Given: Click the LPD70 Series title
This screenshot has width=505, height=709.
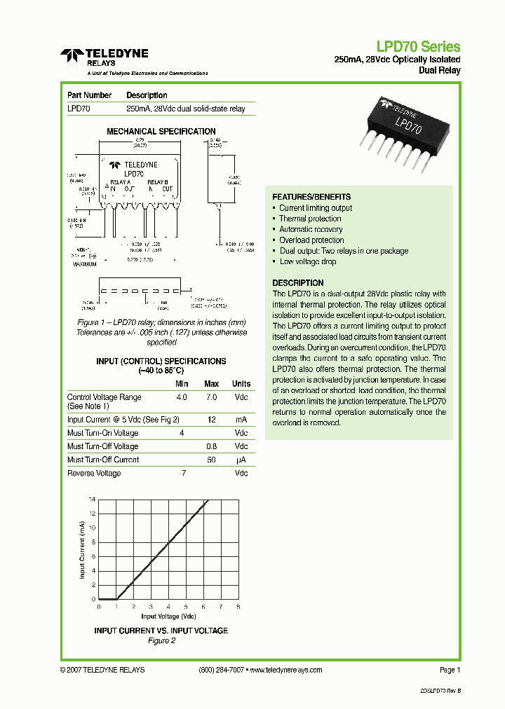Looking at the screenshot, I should click(x=418, y=47).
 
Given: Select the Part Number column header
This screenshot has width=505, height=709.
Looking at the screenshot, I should click(x=89, y=95).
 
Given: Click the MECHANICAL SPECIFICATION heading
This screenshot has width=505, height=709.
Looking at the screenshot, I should click(x=161, y=132).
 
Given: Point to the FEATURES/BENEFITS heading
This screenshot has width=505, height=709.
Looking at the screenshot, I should click(x=311, y=197).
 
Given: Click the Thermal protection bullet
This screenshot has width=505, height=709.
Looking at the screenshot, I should click(x=310, y=219).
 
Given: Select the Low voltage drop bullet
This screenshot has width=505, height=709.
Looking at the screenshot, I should click(x=308, y=261).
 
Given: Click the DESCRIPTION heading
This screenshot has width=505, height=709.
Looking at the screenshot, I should click(x=297, y=283).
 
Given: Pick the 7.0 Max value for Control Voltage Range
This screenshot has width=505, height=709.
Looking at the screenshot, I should click(x=211, y=397).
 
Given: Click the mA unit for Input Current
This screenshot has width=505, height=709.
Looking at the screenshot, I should click(x=241, y=420).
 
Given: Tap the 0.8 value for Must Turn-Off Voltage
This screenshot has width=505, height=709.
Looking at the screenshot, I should click(x=211, y=446).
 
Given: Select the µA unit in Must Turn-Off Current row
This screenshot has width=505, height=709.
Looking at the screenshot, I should click(x=241, y=460).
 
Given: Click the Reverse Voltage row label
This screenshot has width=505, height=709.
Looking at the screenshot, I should click(x=94, y=474).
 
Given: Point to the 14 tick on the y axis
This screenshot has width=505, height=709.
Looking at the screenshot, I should click(x=92, y=500).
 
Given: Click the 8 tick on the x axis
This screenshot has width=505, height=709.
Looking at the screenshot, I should click(x=238, y=607).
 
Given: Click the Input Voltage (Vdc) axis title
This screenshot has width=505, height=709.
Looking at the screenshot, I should click(x=168, y=617).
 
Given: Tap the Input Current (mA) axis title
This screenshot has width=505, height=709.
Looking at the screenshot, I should click(x=82, y=550).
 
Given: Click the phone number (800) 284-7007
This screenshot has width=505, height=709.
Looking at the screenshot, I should click(x=222, y=670).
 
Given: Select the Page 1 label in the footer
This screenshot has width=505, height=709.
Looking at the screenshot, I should click(x=450, y=670).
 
